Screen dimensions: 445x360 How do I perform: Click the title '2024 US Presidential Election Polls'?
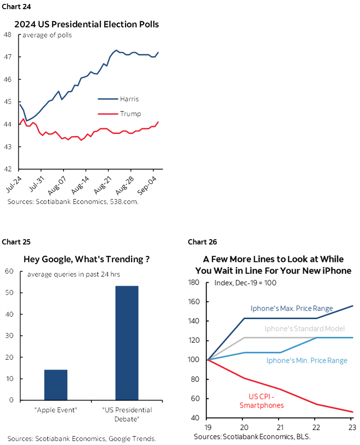[87, 24]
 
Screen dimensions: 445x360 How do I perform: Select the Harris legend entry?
[129, 99]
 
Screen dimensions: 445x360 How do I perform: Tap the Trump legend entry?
[130, 114]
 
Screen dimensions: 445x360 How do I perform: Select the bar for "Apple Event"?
[56, 385]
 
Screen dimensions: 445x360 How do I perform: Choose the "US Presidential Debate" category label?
[127, 414]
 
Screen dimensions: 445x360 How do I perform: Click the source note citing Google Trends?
[82, 438]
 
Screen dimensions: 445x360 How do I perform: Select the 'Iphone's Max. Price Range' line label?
[291, 308]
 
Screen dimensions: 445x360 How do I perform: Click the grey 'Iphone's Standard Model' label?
[304, 328]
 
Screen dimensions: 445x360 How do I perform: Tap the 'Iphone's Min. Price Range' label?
[307, 360]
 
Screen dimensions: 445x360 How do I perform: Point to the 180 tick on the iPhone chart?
[194, 283]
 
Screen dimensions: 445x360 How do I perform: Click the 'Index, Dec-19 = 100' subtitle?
[246, 283]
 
